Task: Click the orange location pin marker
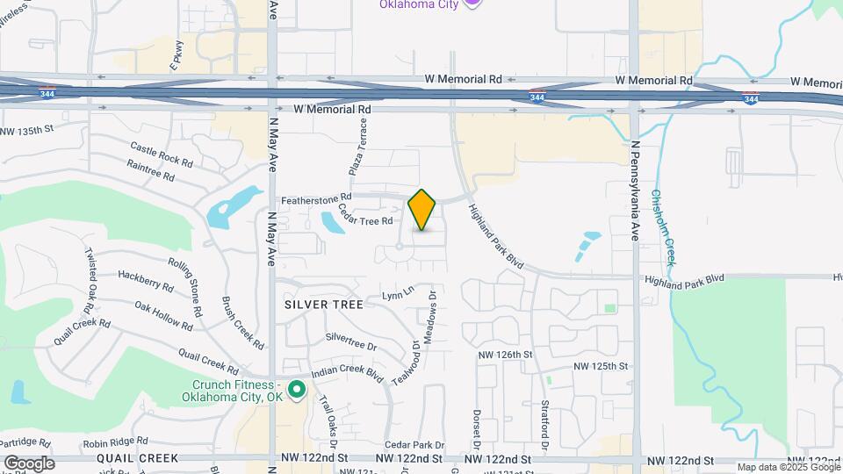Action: pos(422,209)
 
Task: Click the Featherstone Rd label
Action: pos(316,197)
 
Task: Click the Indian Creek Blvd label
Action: pos(347,374)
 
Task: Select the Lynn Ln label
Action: pos(397,292)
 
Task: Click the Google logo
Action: pos(28,463)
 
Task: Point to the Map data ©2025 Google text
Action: pos(788,467)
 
